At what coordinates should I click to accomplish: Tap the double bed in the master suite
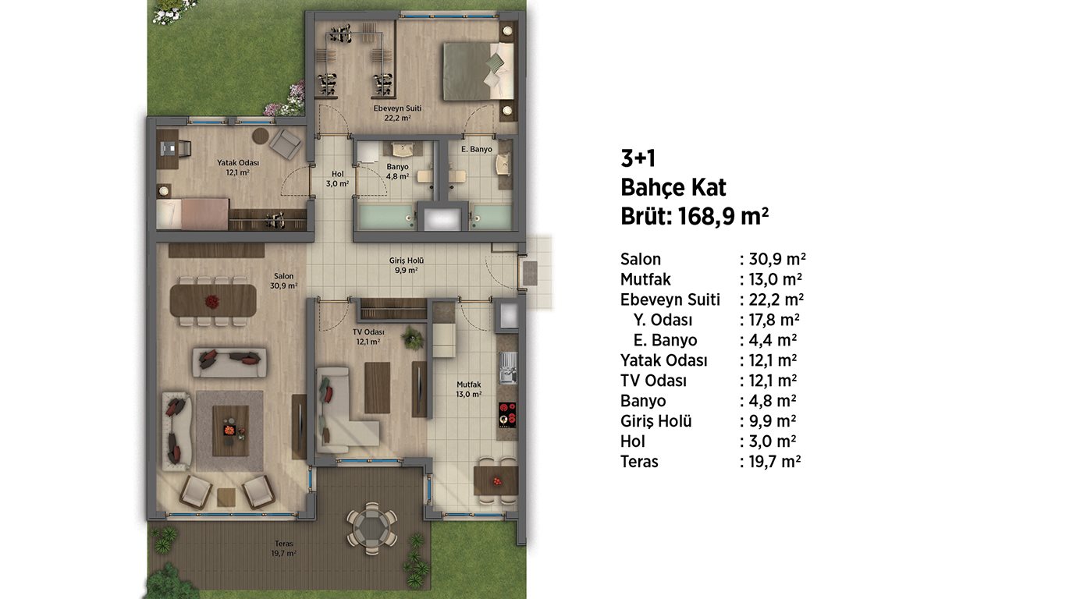click(x=478, y=72)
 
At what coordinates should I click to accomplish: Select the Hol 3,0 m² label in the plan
click(x=337, y=179)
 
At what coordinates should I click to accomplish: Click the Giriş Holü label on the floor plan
click(x=406, y=261)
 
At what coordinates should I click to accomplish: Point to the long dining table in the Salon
click(x=213, y=300)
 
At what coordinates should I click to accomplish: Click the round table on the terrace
click(x=371, y=528)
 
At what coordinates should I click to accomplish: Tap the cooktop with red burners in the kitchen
click(x=507, y=414)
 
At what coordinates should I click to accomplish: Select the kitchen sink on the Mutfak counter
click(x=508, y=367)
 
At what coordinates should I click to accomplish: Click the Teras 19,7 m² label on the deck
click(x=283, y=548)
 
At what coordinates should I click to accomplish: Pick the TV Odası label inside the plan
click(x=368, y=332)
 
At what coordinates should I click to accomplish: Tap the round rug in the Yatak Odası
click(x=261, y=136)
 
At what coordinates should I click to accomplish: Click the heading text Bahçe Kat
click(x=673, y=188)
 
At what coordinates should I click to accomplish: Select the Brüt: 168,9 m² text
click(x=695, y=217)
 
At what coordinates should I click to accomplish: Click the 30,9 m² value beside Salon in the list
click(x=777, y=259)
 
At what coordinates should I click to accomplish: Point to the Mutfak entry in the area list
click(x=645, y=279)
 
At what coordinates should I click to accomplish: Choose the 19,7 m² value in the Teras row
click(x=775, y=462)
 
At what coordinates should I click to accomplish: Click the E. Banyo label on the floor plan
click(x=476, y=150)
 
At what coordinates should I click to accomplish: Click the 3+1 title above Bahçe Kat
click(x=638, y=158)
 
